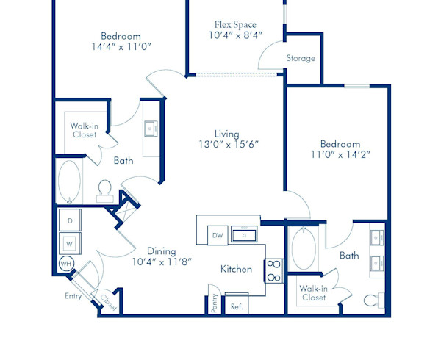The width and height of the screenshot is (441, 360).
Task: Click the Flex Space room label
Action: pyautogui.click(x=235, y=24)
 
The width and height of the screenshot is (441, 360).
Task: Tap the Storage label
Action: pyautogui.click(x=301, y=58)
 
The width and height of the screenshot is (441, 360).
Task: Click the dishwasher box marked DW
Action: pyautogui.click(x=218, y=235)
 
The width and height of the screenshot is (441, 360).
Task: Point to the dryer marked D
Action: pyautogui.click(x=70, y=220)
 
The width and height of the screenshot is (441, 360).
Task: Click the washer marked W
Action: pyautogui.click(x=70, y=242)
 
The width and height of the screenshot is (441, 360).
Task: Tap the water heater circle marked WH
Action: pyautogui.click(x=66, y=264)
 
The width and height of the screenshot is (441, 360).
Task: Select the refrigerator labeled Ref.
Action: pyautogui.click(x=237, y=306)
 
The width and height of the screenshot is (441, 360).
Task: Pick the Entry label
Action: pyautogui.click(x=73, y=296)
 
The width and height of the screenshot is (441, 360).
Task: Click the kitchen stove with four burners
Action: pyautogui.click(x=273, y=270)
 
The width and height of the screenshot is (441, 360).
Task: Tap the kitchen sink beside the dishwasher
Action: pyautogui.click(x=243, y=235)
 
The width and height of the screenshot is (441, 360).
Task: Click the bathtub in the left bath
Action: pyautogui.click(x=70, y=181)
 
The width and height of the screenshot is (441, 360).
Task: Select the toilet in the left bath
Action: pyautogui.click(x=104, y=190)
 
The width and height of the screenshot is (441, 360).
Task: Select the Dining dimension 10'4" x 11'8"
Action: pyautogui.click(x=162, y=261)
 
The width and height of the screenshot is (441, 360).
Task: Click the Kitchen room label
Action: pyautogui.click(x=237, y=269)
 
